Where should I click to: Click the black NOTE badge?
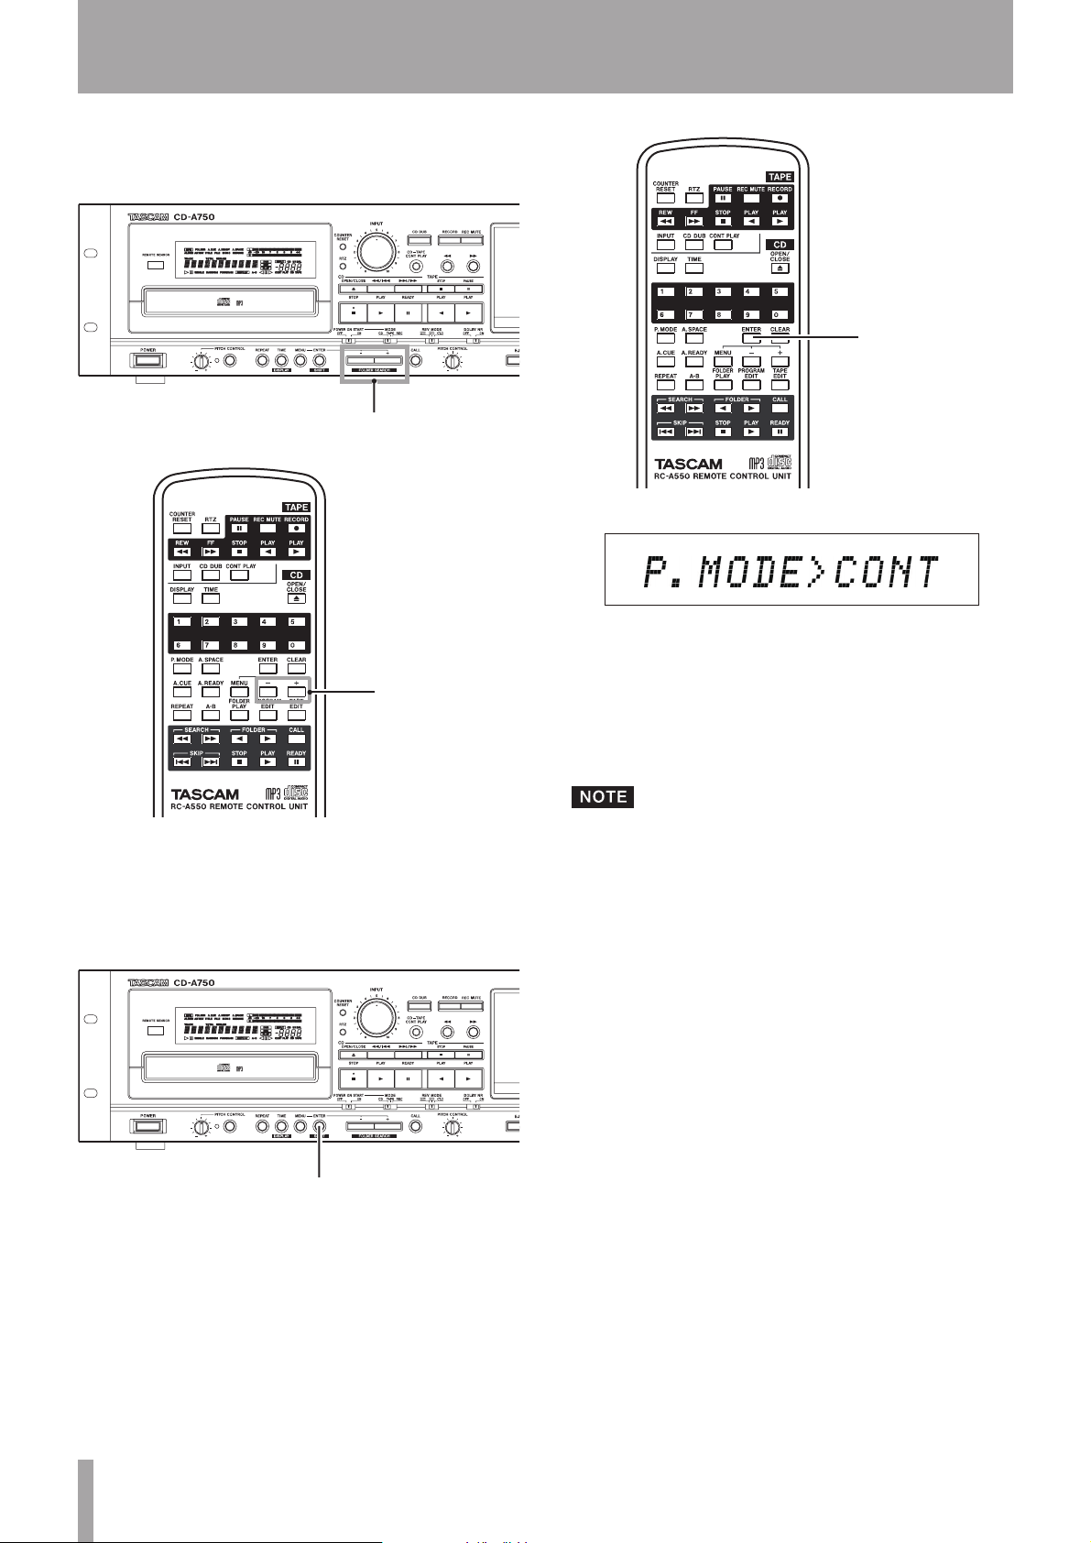(x=602, y=796)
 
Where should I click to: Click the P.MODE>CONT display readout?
(x=791, y=570)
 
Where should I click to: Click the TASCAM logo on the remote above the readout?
(x=688, y=465)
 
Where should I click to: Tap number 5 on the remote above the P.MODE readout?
(x=779, y=293)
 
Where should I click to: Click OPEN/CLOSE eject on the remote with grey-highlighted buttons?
(x=296, y=598)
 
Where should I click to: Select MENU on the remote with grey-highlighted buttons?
(x=239, y=694)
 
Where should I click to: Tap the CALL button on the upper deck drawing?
(x=416, y=360)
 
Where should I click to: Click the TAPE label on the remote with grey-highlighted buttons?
(x=296, y=507)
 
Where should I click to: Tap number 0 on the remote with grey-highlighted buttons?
(x=296, y=646)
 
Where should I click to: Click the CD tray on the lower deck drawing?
(x=223, y=1067)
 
